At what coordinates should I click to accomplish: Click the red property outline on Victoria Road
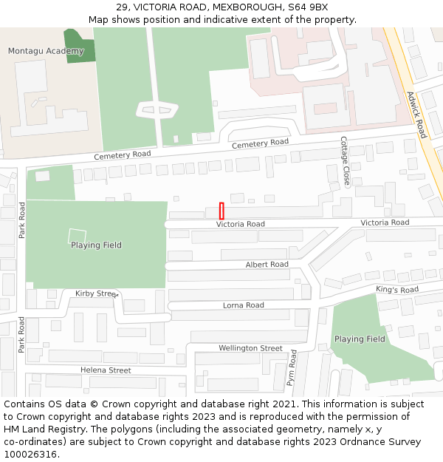click(221, 210)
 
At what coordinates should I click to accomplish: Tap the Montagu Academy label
click(46, 51)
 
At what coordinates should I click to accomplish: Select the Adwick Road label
click(416, 115)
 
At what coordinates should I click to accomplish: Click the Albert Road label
click(267, 265)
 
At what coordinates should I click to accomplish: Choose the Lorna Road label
click(244, 305)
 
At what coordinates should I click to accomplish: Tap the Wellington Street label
click(250, 348)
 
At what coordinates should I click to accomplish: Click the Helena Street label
click(106, 370)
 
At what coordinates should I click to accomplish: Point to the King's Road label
click(396, 290)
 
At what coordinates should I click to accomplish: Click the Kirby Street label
click(96, 293)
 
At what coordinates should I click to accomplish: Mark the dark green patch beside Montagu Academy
click(80, 46)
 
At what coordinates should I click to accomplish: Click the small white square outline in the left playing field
click(77, 236)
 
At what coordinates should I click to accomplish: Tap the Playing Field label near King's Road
click(360, 339)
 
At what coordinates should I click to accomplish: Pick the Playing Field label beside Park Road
click(96, 245)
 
